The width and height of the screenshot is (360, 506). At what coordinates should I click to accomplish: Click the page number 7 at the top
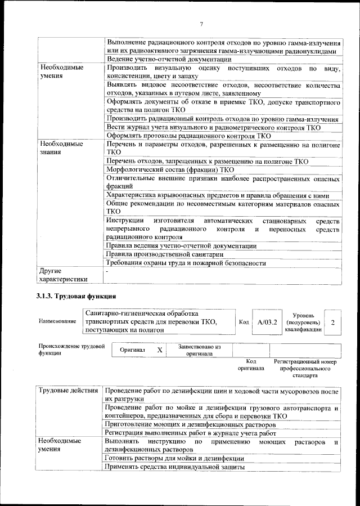200,23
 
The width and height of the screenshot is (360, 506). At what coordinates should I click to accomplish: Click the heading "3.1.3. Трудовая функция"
76,295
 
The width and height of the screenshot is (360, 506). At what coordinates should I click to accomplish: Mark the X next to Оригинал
160,350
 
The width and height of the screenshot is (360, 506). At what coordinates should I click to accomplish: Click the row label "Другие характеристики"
63,275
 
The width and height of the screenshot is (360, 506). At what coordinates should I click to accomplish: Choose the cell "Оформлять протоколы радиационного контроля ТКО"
188,136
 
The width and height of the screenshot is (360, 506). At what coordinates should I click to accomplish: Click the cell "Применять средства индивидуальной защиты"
174,467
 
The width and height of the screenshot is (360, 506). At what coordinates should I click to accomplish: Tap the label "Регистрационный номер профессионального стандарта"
304,368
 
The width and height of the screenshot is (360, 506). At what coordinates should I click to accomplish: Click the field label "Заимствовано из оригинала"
199,350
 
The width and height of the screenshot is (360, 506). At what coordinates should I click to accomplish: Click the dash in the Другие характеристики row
107,271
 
